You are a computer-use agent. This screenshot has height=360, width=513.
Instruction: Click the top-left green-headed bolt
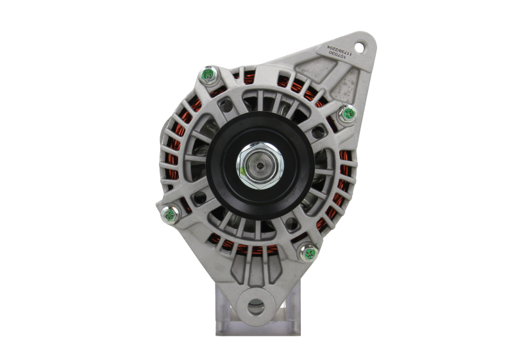209,76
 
